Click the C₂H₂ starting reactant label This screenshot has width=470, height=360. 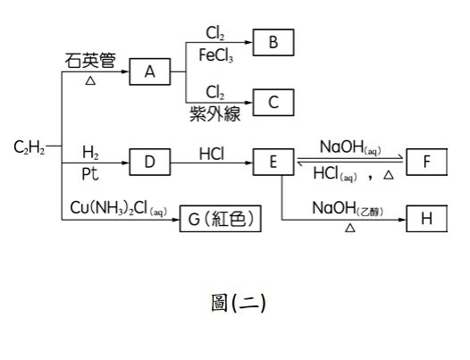(28, 147)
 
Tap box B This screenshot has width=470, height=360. (273, 41)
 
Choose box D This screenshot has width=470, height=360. (150, 163)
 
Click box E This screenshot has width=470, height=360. (273, 163)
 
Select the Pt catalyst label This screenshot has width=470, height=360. (91, 171)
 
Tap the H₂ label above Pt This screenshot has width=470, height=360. (91, 152)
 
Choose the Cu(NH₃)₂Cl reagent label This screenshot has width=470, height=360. (116, 207)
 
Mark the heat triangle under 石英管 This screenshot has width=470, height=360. (89, 80)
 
